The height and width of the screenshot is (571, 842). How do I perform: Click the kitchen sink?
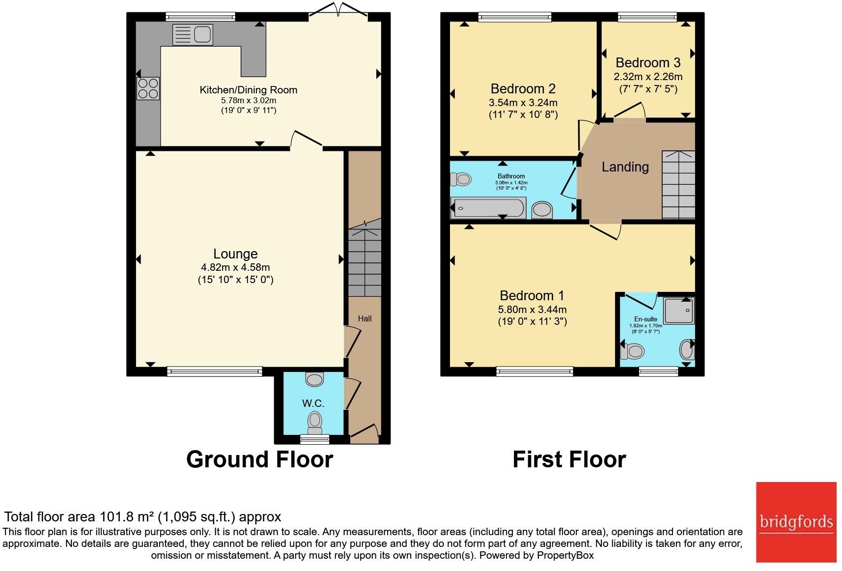tap(193, 35)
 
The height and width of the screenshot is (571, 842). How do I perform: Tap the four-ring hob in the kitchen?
tap(148, 89)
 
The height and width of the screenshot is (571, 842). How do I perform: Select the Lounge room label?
tap(235, 254)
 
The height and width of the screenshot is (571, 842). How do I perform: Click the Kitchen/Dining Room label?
tap(249, 90)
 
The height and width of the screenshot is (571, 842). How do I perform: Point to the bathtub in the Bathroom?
tap(489, 207)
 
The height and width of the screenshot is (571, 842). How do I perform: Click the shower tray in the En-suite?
tap(679, 311)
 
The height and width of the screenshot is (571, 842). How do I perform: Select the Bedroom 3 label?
tap(648, 62)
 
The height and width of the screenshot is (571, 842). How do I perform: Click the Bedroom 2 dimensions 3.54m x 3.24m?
tap(523, 103)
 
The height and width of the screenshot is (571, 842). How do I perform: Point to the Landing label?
tap(625, 167)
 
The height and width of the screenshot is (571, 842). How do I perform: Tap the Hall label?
tap(365, 319)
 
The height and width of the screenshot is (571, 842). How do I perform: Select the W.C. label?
tap(313, 403)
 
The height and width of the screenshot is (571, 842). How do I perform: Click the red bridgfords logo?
tap(796, 522)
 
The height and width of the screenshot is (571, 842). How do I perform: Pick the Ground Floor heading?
tap(260, 459)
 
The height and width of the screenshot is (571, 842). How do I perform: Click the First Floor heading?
tap(569, 459)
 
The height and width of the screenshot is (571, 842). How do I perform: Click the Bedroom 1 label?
tap(532, 296)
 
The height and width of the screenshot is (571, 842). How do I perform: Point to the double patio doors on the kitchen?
tap(338, 9)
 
